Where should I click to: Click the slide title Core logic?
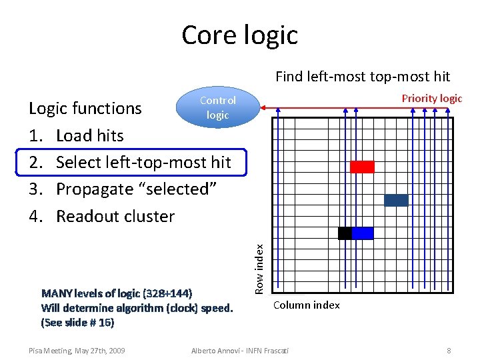tap(239, 35)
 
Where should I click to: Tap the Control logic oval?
tap(217, 107)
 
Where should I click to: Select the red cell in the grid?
tap(362, 167)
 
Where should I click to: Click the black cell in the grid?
tap(345, 233)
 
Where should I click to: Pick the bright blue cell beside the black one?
tap(362, 233)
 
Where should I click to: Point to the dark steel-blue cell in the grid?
tap(396, 200)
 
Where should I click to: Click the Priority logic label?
tap(431, 99)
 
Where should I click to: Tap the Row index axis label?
tap(261, 267)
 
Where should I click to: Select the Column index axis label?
tap(307, 305)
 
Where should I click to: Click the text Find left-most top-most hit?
tap(363, 77)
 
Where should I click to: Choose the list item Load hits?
tap(90, 135)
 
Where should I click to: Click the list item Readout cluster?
tap(115, 216)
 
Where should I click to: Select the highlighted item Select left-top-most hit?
tap(143, 162)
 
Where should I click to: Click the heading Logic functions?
tap(85, 108)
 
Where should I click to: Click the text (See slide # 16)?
tap(78, 323)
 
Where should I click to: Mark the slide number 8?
tap(449, 350)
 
